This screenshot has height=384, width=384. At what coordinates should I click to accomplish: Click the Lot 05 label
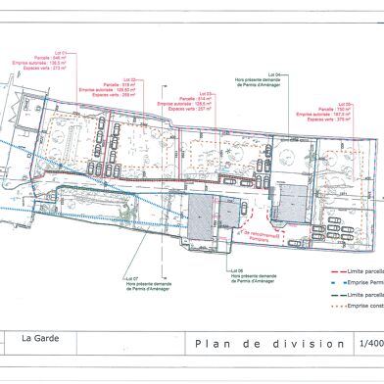(344, 102)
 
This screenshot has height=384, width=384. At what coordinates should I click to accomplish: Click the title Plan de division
(269, 344)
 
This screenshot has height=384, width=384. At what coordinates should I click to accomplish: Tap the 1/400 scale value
(371, 344)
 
